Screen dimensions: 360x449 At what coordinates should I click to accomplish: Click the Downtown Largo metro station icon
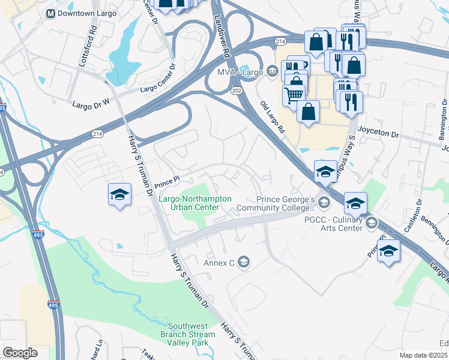click(50, 13)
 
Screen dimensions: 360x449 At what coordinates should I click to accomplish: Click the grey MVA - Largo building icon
click(273, 73)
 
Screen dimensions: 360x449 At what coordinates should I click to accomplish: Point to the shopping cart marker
click(294, 95)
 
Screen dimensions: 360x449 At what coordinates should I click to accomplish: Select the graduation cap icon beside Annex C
click(243, 262)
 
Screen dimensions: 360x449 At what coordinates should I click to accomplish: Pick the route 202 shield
click(238, 90)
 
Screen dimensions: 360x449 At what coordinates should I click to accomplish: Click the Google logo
click(20, 353)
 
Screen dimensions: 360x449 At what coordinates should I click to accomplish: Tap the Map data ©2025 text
click(423, 355)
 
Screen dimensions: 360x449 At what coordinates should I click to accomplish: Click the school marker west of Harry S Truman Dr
click(119, 195)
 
